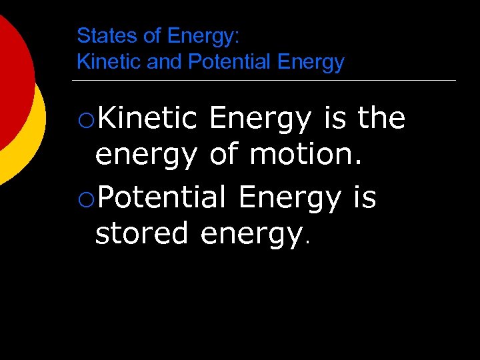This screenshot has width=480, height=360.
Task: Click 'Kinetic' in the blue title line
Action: [107, 62]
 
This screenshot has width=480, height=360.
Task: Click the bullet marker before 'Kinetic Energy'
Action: [86, 121]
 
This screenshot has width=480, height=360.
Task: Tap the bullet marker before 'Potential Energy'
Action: [86, 198]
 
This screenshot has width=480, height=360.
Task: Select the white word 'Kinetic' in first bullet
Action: [146, 119]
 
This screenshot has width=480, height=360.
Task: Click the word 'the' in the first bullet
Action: [381, 119]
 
